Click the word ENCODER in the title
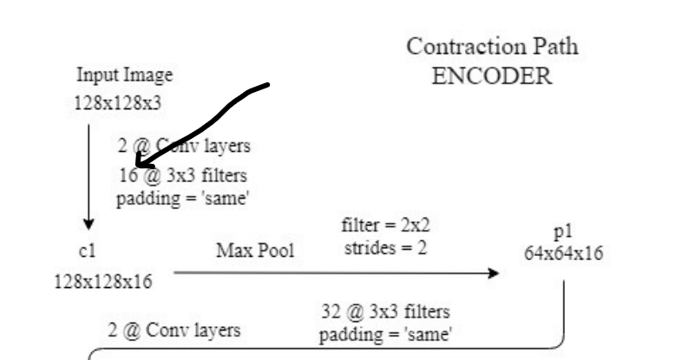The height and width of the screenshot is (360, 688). click(492, 75)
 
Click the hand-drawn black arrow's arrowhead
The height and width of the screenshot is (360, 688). click(141, 162)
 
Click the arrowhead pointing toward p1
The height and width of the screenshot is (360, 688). click(495, 273)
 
